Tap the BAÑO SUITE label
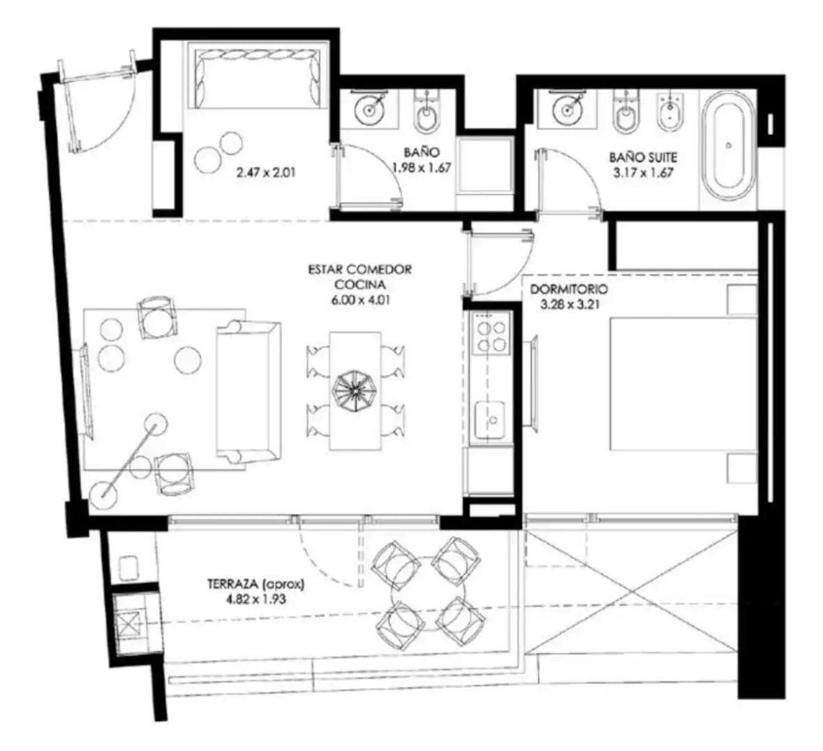tap(643, 157)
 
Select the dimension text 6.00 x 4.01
tap(360, 301)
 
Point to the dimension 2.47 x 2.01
tap(266, 172)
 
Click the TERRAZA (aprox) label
tap(255, 583)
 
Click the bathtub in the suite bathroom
tap(727, 145)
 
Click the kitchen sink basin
tap(490, 420)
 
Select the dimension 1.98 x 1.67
tap(422, 168)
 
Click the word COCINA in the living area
tap(360, 284)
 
